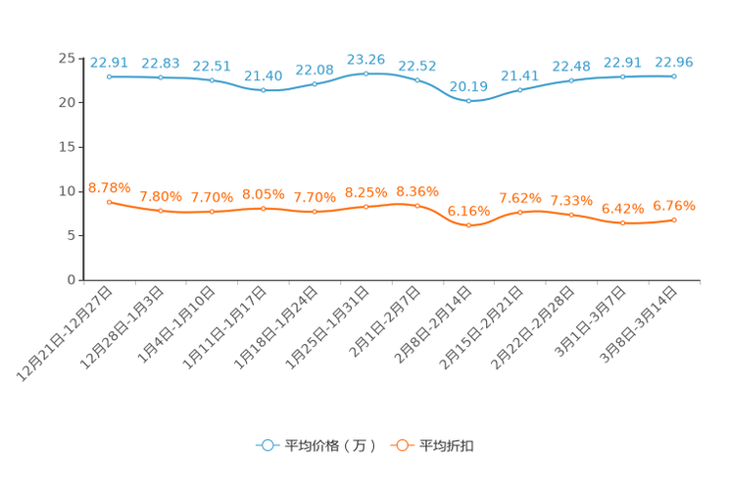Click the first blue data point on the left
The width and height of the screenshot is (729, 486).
[x=109, y=75]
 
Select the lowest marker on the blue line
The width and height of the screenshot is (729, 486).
[x=469, y=100]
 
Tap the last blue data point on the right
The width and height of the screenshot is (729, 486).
[x=674, y=75]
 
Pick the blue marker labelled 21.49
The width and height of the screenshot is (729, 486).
[x=263, y=90]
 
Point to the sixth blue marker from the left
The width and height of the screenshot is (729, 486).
[x=365, y=73]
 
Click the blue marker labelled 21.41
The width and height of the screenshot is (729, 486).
[x=519, y=90]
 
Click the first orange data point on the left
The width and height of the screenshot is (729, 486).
[x=109, y=201]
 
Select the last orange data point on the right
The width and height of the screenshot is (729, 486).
[x=674, y=219]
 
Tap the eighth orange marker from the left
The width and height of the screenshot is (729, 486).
[x=469, y=224]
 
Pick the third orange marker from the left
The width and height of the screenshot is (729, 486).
[x=212, y=211]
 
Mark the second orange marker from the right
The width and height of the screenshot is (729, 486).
[x=622, y=222]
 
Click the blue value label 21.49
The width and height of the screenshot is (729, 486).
[x=263, y=74]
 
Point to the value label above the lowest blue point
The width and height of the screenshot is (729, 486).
[x=469, y=85]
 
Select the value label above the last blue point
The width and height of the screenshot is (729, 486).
[x=674, y=62]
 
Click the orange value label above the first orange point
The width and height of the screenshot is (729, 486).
[x=109, y=187]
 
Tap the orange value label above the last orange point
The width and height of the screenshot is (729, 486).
[x=674, y=206]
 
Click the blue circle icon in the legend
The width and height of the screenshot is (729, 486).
[x=267, y=445]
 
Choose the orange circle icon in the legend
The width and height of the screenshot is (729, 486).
[x=401, y=445]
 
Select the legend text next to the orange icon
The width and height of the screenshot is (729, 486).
[x=447, y=446]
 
